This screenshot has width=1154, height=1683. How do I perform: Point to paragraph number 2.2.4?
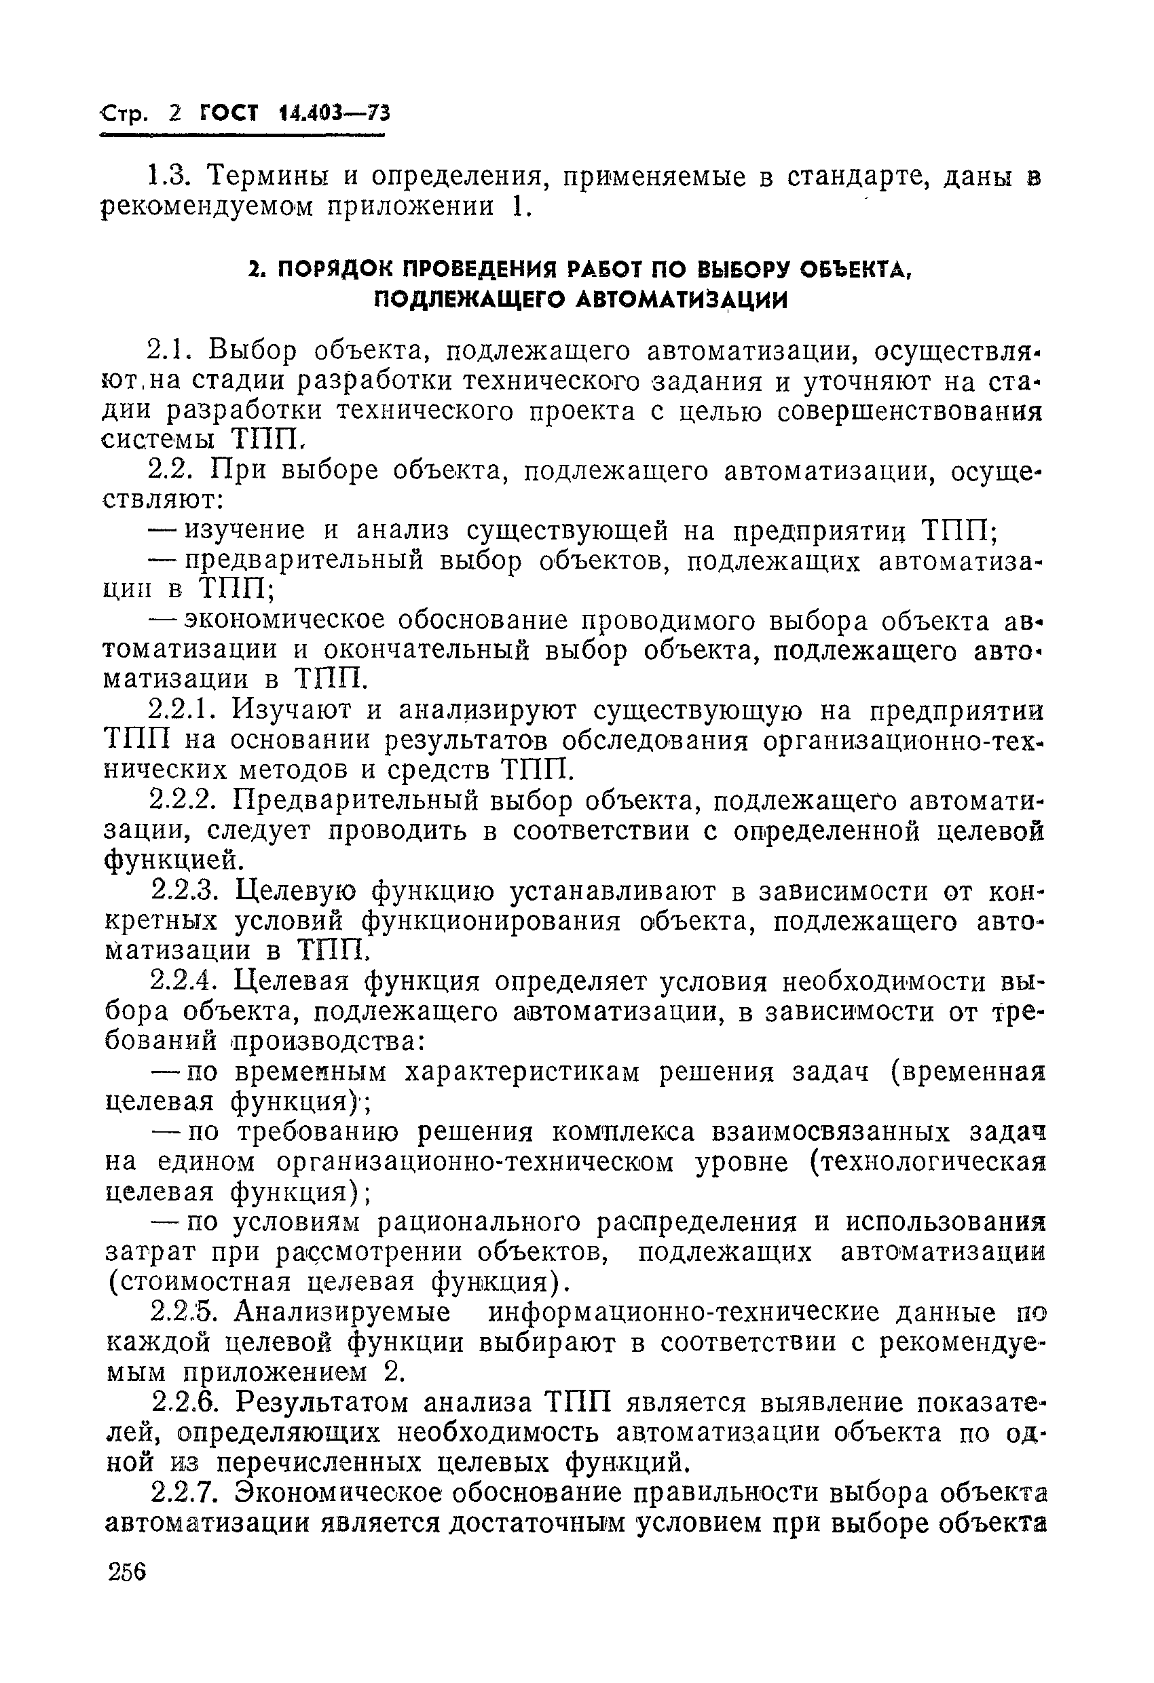tap(183, 983)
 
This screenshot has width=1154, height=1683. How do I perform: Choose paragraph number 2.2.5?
tap(183, 1313)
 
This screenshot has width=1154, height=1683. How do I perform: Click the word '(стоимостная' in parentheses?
tap(198, 1283)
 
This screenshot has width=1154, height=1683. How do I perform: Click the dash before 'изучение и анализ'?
tap(162, 531)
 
